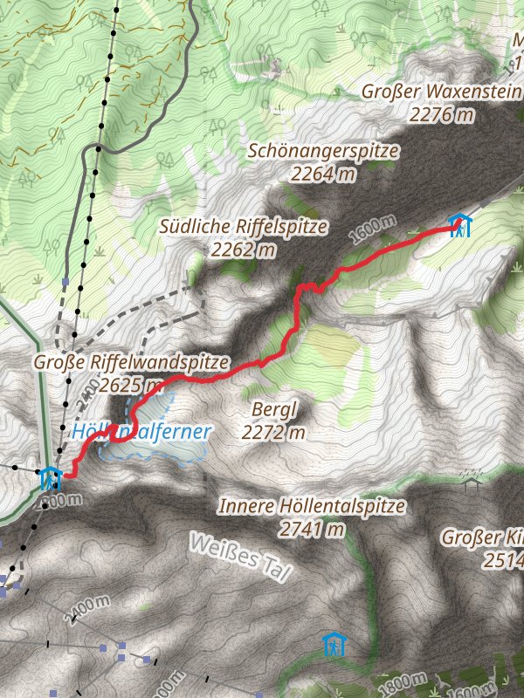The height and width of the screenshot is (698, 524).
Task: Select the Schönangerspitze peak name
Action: click(323, 151)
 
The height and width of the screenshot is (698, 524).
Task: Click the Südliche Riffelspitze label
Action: click(244, 227)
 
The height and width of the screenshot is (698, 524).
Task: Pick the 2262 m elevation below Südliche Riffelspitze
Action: click(243, 250)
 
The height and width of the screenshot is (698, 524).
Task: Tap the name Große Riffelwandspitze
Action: click(132, 362)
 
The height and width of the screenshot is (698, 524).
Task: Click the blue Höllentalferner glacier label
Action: click(142, 431)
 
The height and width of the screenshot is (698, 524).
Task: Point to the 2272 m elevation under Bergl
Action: click(274, 431)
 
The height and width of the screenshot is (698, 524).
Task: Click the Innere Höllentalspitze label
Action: click(312, 506)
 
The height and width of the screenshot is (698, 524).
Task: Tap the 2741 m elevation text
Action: click(312, 529)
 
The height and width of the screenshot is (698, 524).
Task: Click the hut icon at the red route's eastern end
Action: click(459, 226)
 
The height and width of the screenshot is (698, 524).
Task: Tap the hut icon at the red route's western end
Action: click(51, 478)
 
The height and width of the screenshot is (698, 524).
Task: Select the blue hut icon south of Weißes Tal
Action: click(334, 645)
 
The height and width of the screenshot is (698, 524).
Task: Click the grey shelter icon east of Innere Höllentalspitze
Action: click(472, 479)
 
